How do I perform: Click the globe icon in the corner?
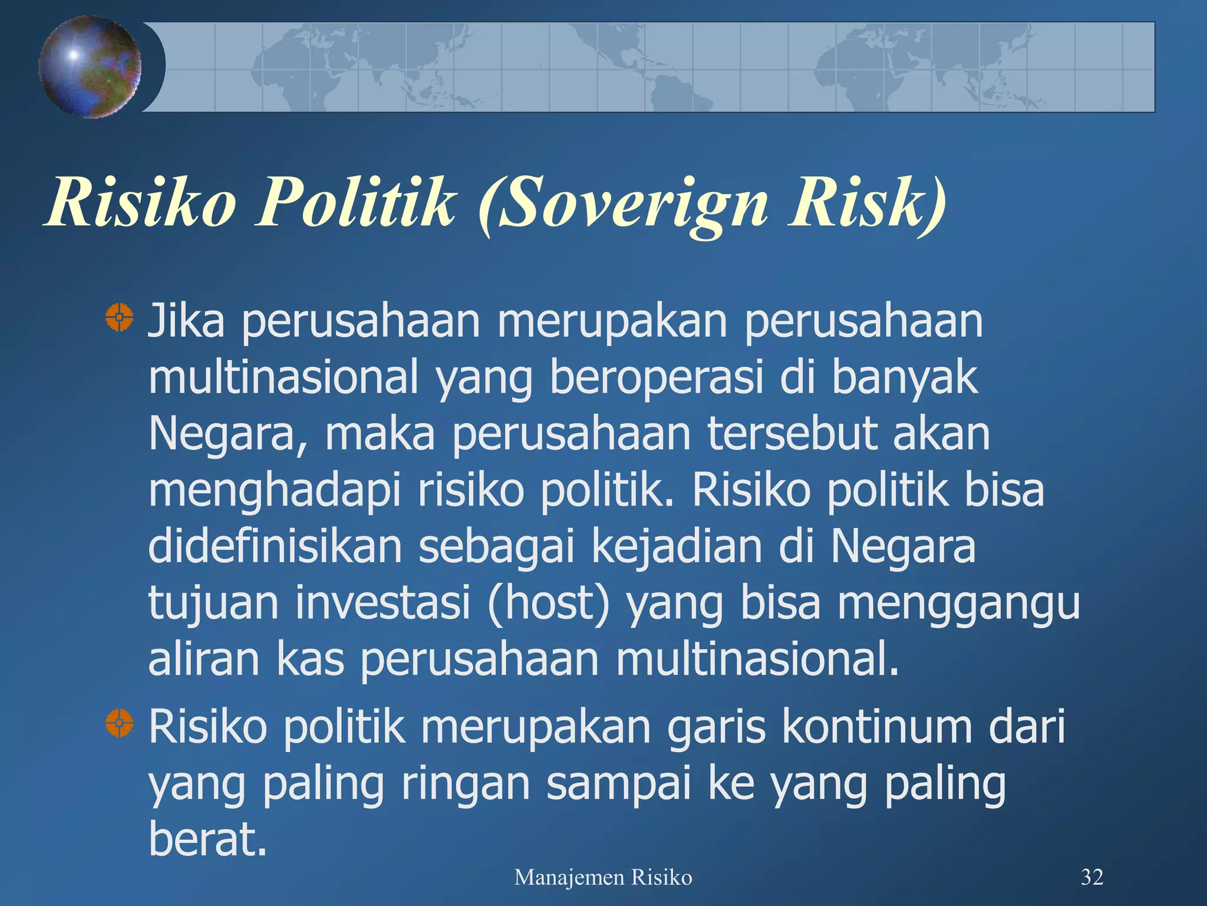tap(90, 67)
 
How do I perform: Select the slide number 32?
tap(1091, 877)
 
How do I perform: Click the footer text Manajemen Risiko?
tap(603, 878)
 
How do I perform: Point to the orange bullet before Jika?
tap(120, 317)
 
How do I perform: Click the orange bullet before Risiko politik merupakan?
tap(120, 723)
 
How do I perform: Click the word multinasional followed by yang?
tap(283, 377)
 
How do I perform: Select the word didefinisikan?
tap(275, 547)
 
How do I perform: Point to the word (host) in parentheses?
tap(549, 603)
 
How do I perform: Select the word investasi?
tap(382, 603)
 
